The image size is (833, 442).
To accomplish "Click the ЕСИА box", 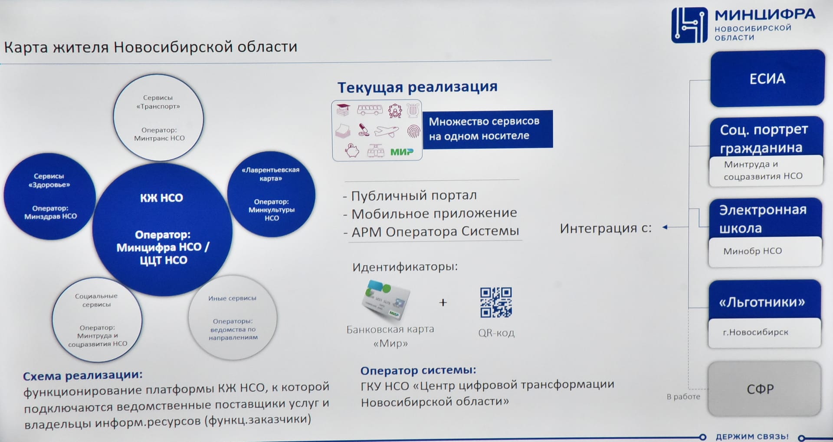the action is tap(767, 79).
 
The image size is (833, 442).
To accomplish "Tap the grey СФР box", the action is tap(764, 389).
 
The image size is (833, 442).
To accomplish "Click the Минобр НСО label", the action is tap(752, 251).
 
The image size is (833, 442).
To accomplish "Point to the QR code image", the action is tap(496, 302).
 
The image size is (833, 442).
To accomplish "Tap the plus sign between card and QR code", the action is tap(443, 302).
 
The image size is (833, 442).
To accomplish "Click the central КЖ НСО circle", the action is tap(162, 230).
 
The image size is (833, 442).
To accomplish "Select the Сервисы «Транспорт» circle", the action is tap(158, 118).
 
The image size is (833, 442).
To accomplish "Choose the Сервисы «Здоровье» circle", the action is tap(49, 196).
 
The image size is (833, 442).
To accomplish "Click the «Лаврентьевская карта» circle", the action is tap(271, 194).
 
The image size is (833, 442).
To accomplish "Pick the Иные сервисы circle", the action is tap(233, 318).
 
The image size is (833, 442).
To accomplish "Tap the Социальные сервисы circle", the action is tap(97, 320).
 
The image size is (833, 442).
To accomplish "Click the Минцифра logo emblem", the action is tap(689, 25).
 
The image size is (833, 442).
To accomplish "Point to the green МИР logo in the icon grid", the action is tap(402, 152).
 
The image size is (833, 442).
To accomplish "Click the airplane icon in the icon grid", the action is tap(387, 131).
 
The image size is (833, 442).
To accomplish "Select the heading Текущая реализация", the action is tap(417, 87).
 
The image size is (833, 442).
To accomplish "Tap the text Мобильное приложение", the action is tap(434, 214).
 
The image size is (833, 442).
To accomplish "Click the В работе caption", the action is tap(683, 396).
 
